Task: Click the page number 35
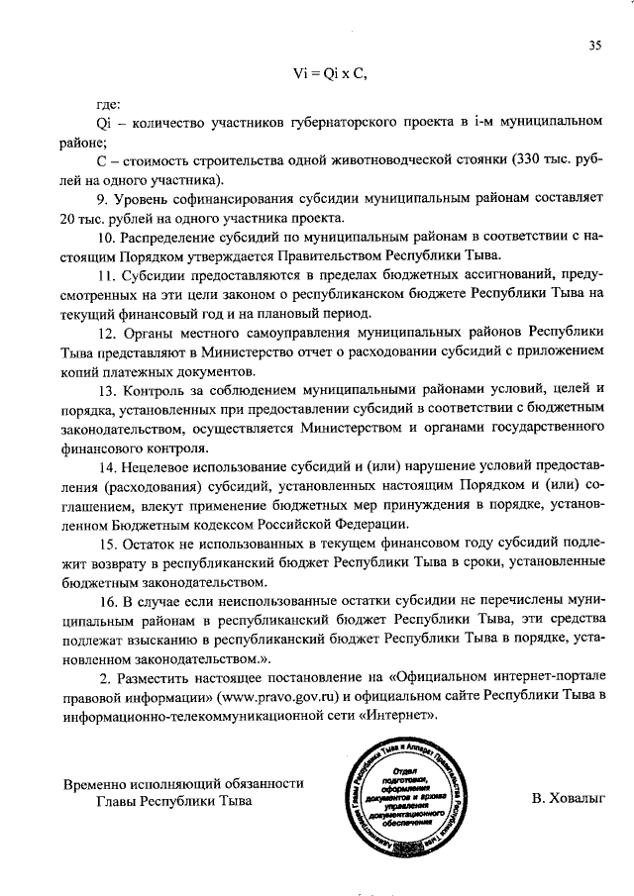click(x=594, y=45)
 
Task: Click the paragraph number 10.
click(x=107, y=238)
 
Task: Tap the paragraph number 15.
click(x=107, y=544)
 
